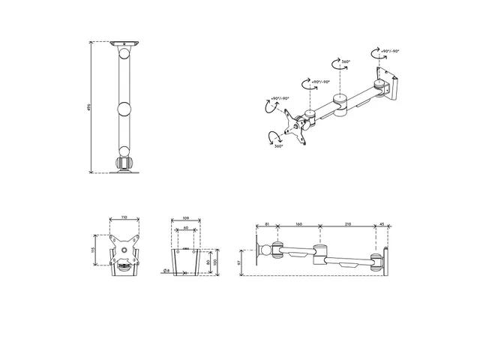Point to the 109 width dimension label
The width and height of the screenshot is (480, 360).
186,217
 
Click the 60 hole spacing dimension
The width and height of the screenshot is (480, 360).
186,228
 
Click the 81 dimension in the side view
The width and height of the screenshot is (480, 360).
268,224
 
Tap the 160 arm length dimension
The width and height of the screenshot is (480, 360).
298,224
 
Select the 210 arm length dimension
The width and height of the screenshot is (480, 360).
346,224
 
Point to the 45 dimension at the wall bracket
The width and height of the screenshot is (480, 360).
381,224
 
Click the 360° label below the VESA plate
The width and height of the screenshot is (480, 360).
279,147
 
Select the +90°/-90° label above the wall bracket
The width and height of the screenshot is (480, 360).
389,51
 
